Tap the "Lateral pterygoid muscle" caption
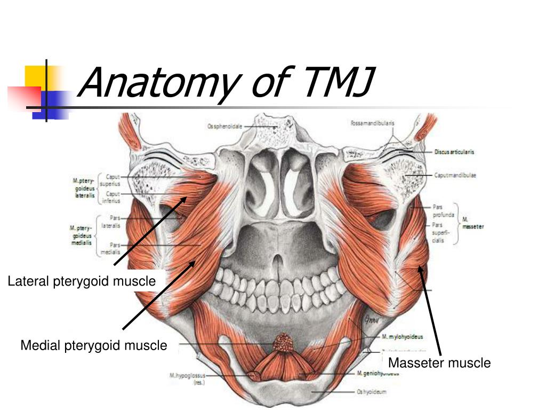pyautogui.click(x=82, y=281)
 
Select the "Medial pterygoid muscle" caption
pyautogui.click(x=94, y=345)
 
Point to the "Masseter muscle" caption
pyautogui.click(x=439, y=363)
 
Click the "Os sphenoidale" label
pyautogui.click(x=224, y=127)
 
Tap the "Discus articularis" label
pyautogui.click(x=454, y=152)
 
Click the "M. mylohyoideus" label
pyautogui.click(x=402, y=337)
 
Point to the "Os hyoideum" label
pyautogui.click(x=371, y=392)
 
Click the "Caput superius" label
pyautogui.click(x=113, y=179)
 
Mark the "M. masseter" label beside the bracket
pyautogui.click(x=472, y=223)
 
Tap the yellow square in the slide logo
pyautogui.click(x=36, y=76)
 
